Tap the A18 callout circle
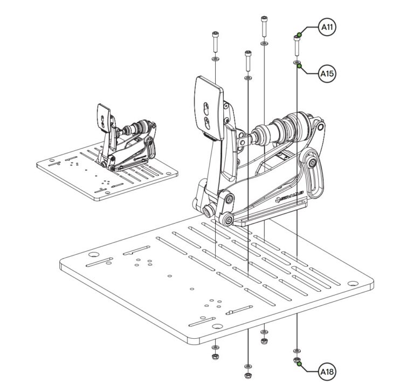tap(326, 372)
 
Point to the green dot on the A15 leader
tap(299, 65)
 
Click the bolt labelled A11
tap(296, 45)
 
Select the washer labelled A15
tap(296, 63)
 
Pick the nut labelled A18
tap(296, 359)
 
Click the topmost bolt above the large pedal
tap(264, 26)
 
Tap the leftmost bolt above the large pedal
tap(215, 41)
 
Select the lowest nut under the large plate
tap(247, 374)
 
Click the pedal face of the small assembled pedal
tap(103, 115)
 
